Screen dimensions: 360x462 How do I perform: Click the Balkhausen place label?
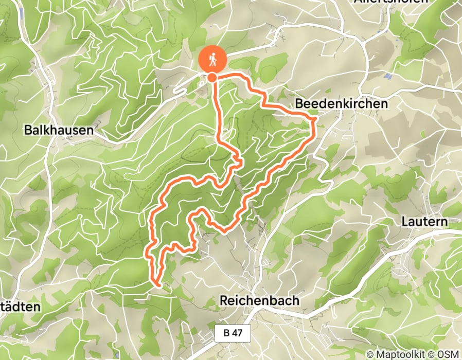coord(59,131)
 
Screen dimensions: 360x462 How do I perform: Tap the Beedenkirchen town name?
coord(341,104)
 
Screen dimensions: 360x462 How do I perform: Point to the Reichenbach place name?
coord(259,300)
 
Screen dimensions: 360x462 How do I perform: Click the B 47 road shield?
coord(233,333)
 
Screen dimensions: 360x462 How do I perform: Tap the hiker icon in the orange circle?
coord(212,60)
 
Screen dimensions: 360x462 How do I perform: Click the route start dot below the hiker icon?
coord(212,78)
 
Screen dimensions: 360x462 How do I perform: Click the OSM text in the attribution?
coord(448,354)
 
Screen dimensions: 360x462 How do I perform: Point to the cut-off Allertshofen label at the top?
coord(391,2)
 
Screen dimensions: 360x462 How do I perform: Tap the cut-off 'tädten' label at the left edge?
coord(20,307)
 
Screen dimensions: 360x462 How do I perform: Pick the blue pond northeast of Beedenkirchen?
coord(388,76)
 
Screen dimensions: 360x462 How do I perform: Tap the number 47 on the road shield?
coord(237,333)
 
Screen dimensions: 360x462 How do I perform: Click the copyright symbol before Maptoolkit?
coord(370,354)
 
